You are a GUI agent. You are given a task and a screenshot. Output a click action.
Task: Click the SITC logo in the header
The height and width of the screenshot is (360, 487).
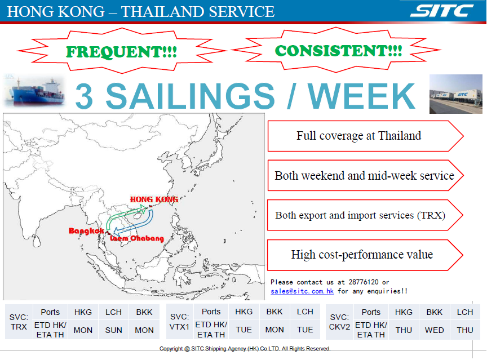[442, 11]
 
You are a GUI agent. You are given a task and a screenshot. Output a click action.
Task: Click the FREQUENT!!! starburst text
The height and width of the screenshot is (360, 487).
[121, 52]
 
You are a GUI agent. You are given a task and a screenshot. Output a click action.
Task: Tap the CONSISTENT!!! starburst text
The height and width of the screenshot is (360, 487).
[338, 51]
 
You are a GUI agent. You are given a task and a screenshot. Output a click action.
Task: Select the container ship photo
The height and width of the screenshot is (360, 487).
[34, 92]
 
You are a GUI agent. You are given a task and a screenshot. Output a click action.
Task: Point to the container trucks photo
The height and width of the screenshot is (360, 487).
[455, 94]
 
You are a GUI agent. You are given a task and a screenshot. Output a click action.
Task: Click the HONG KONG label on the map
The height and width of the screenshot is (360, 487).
[154, 199]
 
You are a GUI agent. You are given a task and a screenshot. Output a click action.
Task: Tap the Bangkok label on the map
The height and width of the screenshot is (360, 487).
[86, 230]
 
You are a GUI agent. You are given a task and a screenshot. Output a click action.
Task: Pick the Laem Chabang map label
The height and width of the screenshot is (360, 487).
[137, 238]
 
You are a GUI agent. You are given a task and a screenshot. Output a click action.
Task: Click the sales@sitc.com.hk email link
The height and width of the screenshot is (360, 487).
[302, 291]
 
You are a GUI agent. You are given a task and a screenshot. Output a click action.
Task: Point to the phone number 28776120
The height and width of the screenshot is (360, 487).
[364, 282]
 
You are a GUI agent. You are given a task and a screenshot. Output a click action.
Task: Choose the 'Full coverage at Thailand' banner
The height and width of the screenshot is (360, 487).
[365, 136]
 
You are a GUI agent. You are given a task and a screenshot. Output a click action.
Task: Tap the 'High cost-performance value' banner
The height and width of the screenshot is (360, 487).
[365, 255]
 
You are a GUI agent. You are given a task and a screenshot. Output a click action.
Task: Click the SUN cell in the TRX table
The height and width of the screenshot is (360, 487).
[113, 330]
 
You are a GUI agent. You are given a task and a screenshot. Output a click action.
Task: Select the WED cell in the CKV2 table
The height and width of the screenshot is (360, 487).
[434, 330]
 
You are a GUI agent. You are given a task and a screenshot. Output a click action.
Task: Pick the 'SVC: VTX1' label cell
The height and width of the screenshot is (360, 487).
[179, 322]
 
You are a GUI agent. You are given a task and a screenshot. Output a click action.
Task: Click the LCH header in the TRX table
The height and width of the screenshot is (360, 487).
[113, 312]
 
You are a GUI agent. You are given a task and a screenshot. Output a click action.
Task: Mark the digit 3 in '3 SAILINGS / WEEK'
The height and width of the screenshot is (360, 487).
[84, 96]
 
